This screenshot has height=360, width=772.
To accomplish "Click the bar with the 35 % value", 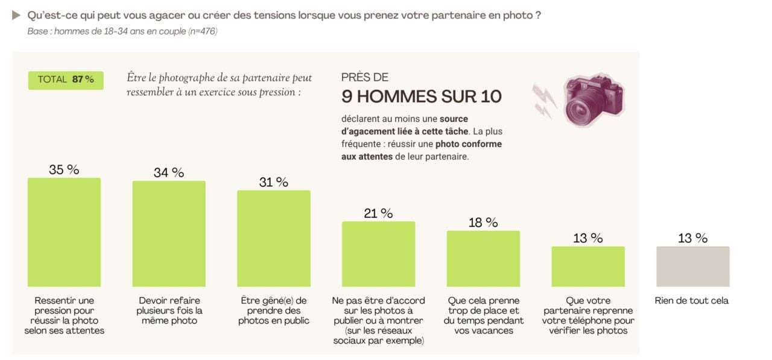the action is point(64,232).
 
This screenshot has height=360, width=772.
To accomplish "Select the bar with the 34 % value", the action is point(169,233).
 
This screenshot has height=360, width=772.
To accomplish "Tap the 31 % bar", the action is point(274,238).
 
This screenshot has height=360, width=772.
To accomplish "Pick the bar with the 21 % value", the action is point(378,254).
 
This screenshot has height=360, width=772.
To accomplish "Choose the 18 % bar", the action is point(483,259).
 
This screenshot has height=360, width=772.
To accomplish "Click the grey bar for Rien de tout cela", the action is point(693,267).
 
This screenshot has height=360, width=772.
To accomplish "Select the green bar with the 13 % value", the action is point(588,267).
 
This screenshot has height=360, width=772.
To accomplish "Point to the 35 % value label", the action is point(64,169).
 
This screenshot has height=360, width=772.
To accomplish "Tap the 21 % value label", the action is point(378,213).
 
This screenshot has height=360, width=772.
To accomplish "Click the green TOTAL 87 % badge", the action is point(66,80).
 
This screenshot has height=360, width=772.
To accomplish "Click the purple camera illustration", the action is point(594,99).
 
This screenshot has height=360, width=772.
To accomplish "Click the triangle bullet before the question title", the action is point(16,15).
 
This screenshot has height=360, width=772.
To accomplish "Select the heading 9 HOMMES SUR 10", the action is point(421,96).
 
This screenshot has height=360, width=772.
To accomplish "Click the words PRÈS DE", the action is point(365,77).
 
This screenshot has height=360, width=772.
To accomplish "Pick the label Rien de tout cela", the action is point(692,300).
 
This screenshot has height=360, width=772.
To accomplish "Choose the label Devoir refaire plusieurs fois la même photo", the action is point(169,311).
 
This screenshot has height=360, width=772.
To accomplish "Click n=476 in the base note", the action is point(203,31).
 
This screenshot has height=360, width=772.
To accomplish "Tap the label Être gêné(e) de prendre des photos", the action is point(274,311).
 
